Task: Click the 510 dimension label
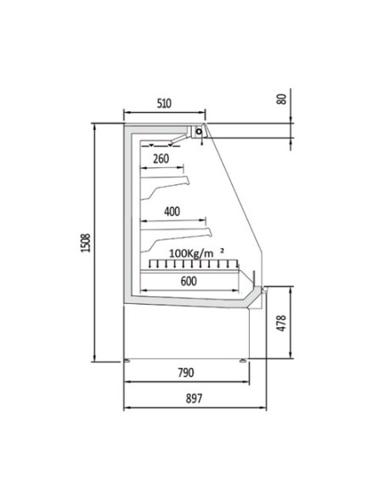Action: pyautogui.click(x=164, y=104)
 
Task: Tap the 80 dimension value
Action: pyautogui.click(x=281, y=99)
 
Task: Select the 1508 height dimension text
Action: pyautogui.click(x=86, y=243)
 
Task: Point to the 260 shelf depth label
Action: pyautogui.click(x=161, y=159)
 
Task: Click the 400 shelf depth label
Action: pyautogui.click(x=172, y=211)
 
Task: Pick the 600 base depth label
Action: pyautogui.click(x=189, y=281)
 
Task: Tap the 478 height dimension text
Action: pyautogui.click(x=281, y=323)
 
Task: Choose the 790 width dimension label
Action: pyautogui.click(x=186, y=373)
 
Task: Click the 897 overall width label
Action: pyautogui.click(x=194, y=398)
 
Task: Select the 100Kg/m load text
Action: pyautogui.click(x=191, y=253)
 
